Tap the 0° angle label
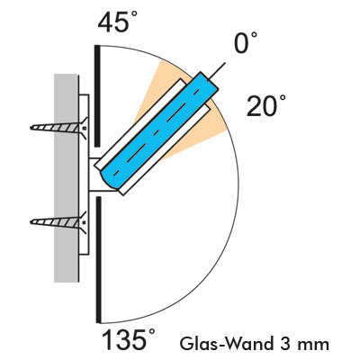246,42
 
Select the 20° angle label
266,105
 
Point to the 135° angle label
129,339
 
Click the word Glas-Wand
226,344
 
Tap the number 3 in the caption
285,344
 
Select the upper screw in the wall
59,128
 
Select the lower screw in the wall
59,222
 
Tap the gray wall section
66,178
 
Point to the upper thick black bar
97,96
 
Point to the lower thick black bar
98,260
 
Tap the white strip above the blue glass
140,123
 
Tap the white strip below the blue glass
166,150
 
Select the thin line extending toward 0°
217,71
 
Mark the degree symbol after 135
152,332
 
